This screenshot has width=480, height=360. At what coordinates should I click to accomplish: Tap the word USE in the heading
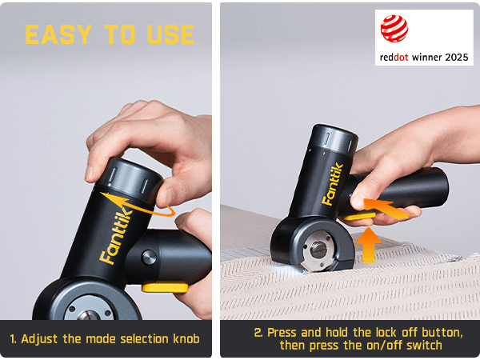[170, 34]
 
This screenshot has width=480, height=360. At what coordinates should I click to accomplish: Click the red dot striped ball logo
[394, 29]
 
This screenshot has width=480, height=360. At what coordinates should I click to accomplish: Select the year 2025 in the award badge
[457, 58]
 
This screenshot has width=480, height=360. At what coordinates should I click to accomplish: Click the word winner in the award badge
[426, 58]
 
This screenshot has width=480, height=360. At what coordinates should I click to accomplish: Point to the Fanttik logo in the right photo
[332, 184]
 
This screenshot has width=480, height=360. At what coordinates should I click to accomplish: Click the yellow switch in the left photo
[165, 287]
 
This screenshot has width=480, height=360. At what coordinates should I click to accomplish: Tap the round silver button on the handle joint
[150, 257]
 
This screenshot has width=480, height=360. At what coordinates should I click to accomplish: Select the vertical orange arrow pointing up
[369, 245]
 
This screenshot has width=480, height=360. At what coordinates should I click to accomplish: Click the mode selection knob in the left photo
[130, 177]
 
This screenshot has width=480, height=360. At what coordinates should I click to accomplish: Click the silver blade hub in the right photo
[318, 250]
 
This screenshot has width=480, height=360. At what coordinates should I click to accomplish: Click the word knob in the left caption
[186, 339]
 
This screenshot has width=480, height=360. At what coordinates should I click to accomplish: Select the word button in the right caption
[442, 332]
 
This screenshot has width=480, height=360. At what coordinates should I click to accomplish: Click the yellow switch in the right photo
[359, 217]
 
